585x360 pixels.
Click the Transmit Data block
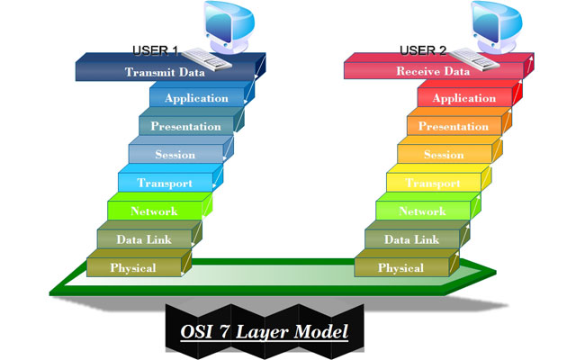coord(166,71)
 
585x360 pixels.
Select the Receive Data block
coord(434,71)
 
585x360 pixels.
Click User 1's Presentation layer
coord(184,127)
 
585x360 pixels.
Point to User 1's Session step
coord(175,155)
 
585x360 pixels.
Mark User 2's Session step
coord(443,155)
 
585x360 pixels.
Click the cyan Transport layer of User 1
coord(164,184)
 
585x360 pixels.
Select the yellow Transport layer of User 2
coord(432,184)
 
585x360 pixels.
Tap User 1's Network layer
coord(154,211)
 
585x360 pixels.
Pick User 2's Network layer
coord(422,211)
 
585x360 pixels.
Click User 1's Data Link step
coord(143,239)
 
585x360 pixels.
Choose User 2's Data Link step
coord(411,239)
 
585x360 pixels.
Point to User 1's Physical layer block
coord(133,268)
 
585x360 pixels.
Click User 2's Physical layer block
coord(401,268)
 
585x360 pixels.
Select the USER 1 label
coord(155,49)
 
